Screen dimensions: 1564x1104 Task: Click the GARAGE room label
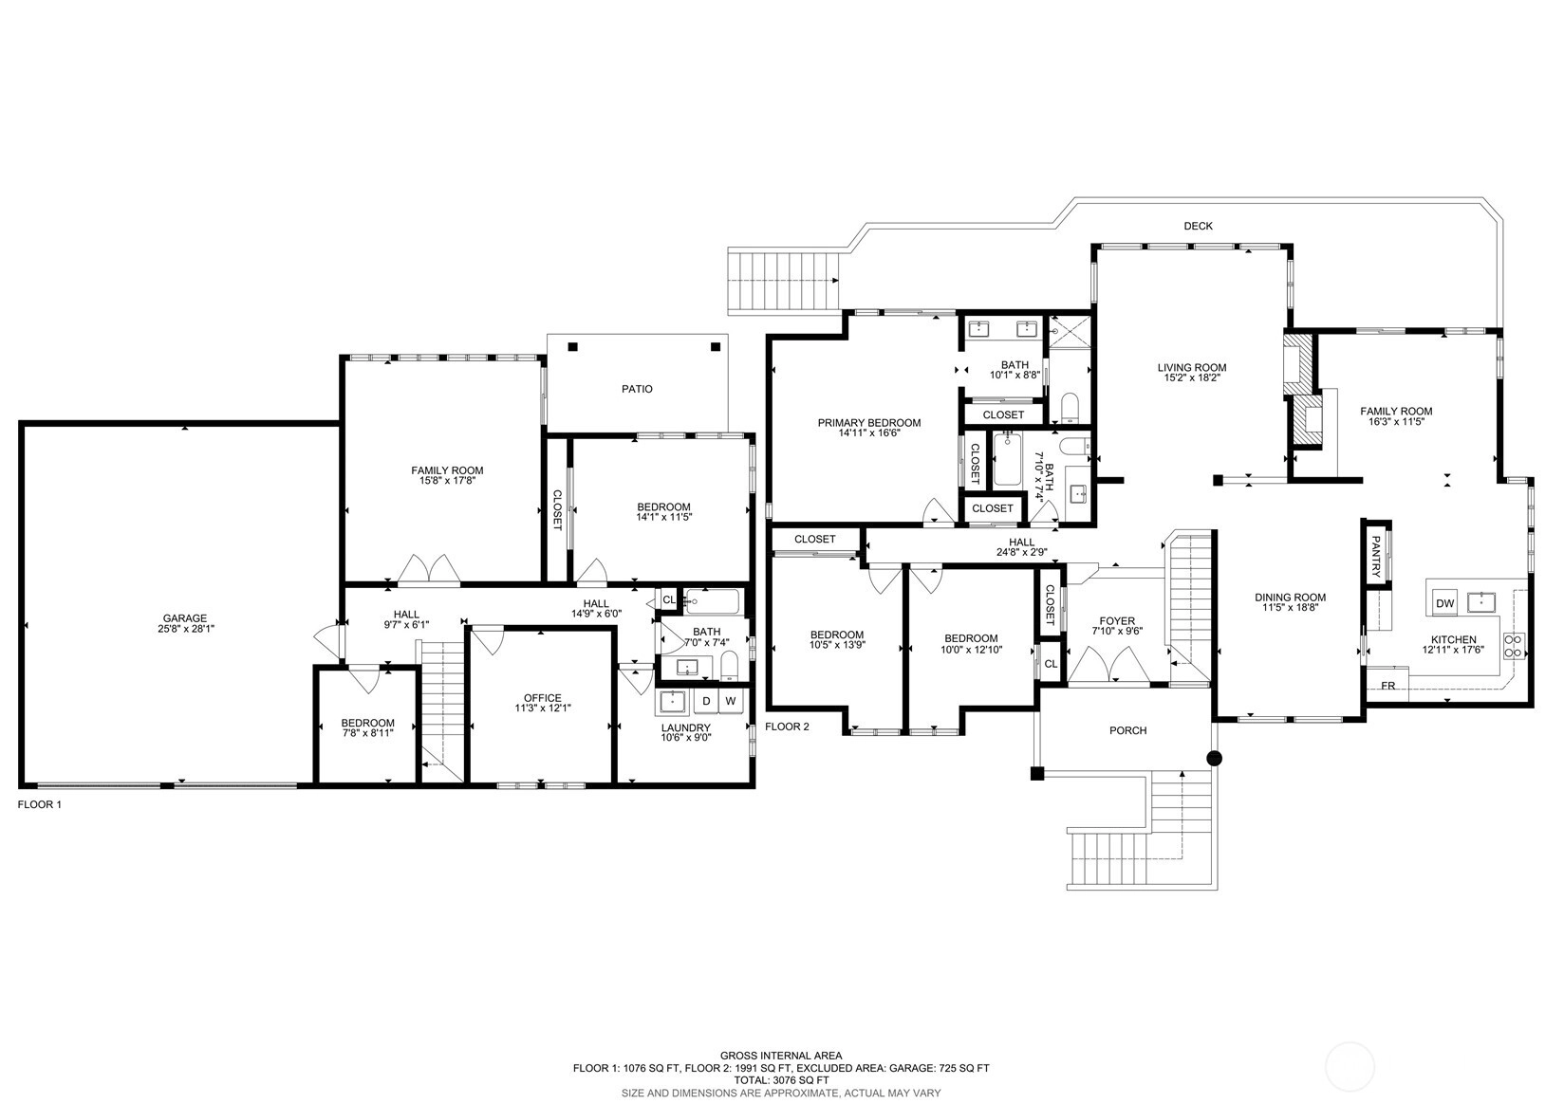pyautogui.click(x=185, y=618)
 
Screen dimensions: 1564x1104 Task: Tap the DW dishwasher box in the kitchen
pyautogui.click(x=1444, y=603)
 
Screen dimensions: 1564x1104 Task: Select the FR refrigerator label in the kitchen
pyautogui.click(x=1388, y=686)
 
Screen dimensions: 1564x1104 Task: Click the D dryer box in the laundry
pyautogui.click(x=707, y=701)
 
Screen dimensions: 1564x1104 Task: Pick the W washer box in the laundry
pyautogui.click(x=731, y=701)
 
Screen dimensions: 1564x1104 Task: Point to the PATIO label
pyautogui.click(x=637, y=389)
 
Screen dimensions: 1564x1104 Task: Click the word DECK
pyautogui.click(x=1198, y=226)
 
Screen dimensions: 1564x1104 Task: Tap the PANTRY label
pyautogui.click(x=1375, y=557)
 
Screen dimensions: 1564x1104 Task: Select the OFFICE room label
pyautogui.click(x=543, y=698)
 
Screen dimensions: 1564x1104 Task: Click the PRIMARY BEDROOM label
pyautogui.click(x=869, y=423)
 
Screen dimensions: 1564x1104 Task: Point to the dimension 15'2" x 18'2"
pyautogui.click(x=1192, y=377)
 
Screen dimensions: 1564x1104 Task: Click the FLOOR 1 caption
pyautogui.click(x=40, y=804)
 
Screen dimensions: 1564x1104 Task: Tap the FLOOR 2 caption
pyautogui.click(x=787, y=727)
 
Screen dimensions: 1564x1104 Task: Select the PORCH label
pyautogui.click(x=1127, y=730)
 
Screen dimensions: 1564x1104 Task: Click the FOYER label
pyautogui.click(x=1117, y=621)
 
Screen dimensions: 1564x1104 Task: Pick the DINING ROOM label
pyautogui.click(x=1291, y=598)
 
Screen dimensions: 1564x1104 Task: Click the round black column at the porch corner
pyautogui.click(x=1215, y=758)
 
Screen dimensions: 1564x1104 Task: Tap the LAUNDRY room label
pyautogui.click(x=685, y=727)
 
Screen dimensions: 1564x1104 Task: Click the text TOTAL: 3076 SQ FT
pyautogui.click(x=781, y=1080)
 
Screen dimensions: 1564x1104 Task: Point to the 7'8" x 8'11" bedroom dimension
pyautogui.click(x=368, y=733)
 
